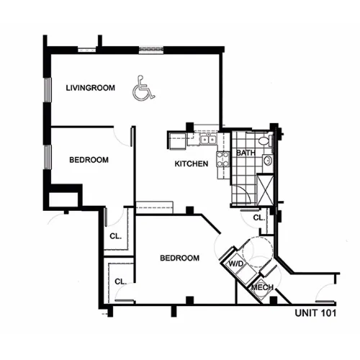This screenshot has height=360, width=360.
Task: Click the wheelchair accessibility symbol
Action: (143, 88)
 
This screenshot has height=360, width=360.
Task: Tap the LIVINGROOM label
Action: (91, 88)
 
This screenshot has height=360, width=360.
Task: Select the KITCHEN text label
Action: (192, 163)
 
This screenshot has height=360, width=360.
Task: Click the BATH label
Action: (246, 153)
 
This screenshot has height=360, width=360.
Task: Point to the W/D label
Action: (236, 264)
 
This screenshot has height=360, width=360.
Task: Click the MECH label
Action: (262, 287)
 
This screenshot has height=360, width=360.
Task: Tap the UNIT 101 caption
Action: (315, 313)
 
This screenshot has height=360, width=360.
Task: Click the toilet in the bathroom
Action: (266, 141)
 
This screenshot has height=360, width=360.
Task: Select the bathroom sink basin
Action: (268, 161)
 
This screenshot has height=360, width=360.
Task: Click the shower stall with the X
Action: (265, 189)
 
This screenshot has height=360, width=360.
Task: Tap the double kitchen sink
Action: (208, 139)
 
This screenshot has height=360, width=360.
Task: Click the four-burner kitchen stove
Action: (223, 159)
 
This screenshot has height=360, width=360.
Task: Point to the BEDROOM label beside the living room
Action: (89, 160)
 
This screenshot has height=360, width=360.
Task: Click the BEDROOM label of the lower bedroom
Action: (179, 258)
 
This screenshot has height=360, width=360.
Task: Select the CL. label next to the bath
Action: (259, 217)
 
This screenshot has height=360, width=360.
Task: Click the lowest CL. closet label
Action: (120, 282)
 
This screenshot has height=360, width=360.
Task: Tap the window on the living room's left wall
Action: (48, 90)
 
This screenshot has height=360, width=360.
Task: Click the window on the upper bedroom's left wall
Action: (48, 157)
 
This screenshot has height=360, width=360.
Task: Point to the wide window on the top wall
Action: (151, 50)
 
